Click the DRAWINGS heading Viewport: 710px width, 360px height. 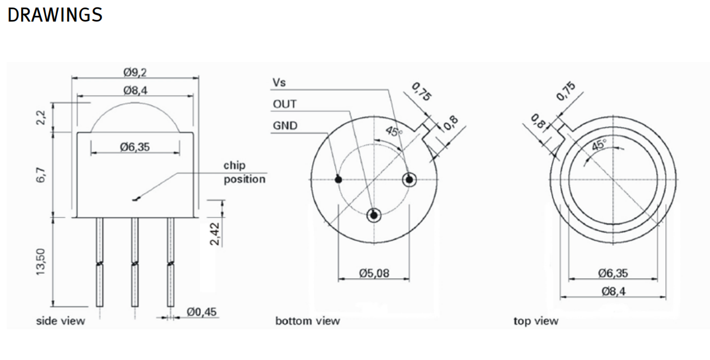(55, 15)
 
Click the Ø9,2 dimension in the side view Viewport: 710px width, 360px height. (135, 73)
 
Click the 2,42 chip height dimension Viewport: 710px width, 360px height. (215, 233)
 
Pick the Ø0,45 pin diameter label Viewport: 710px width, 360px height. (201, 312)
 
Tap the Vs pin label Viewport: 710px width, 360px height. (279, 83)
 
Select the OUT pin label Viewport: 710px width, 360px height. (284, 104)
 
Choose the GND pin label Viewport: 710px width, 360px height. (285, 126)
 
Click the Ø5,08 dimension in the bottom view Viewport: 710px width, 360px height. (374, 273)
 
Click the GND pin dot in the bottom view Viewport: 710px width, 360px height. (338, 179)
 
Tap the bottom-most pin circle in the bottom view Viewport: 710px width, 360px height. (374, 215)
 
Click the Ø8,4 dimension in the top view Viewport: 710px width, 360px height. (613, 291)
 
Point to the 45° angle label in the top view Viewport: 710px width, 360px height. (598, 145)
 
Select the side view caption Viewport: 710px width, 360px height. (61, 321)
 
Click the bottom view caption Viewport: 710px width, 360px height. (308, 321)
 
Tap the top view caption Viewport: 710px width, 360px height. (536, 321)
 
